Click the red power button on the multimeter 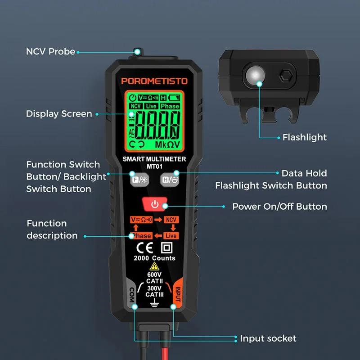tap(154, 204)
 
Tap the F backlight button tap(139, 180)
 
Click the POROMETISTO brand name tap(154, 81)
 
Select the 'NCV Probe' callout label tap(50, 52)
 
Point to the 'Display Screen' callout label tap(59, 114)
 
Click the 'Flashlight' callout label tap(305, 137)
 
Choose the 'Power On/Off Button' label tap(279, 207)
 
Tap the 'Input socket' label tap(268, 338)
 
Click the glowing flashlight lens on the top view tap(255, 76)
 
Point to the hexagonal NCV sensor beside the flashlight tap(286, 75)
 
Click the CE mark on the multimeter tap(144, 248)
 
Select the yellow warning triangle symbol tap(154, 266)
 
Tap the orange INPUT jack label tap(178, 294)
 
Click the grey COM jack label tap(132, 294)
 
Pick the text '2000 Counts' tap(154, 258)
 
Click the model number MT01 tap(154, 166)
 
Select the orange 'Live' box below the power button tap(171, 236)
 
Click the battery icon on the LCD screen tap(174, 98)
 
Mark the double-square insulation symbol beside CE tap(166, 248)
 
